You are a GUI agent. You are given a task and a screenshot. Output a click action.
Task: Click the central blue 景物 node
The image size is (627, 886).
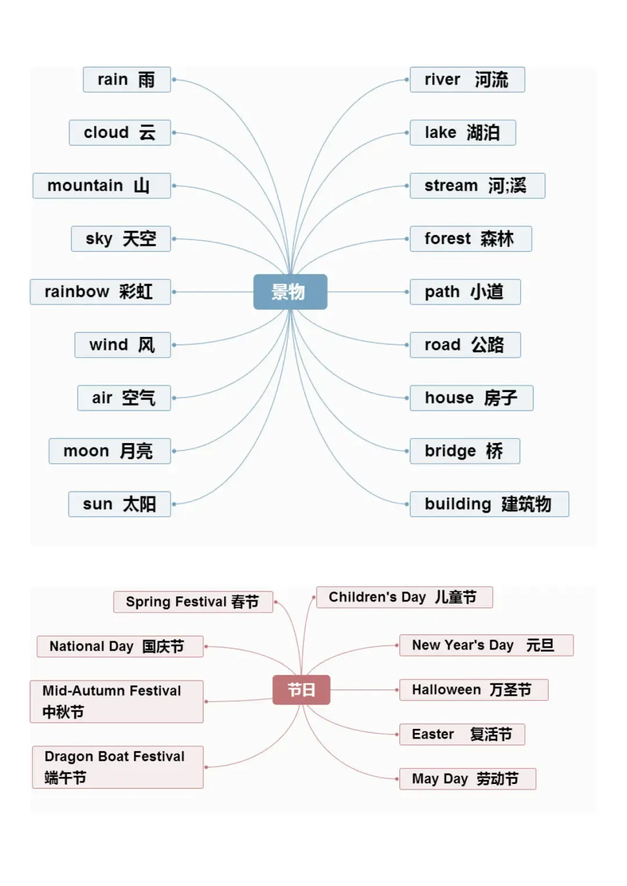(290, 292)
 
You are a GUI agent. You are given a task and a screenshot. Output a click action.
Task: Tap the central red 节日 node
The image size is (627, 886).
(301, 689)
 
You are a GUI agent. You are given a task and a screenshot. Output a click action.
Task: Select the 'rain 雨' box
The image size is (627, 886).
(127, 79)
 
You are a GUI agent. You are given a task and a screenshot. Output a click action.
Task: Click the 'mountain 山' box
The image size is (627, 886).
(102, 186)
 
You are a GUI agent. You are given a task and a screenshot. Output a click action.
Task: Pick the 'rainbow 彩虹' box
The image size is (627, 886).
(100, 292)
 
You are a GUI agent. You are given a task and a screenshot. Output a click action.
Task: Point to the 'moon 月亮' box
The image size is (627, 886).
(110, 451)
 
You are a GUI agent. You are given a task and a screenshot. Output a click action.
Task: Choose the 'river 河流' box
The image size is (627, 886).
(467, 79)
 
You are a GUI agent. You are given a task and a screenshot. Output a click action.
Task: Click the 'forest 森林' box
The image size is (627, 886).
(470, 239)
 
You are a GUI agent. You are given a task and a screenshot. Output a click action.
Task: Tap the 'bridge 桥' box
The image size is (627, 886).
(464, 451)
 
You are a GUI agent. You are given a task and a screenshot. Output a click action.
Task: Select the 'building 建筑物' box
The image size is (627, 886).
(489, 504)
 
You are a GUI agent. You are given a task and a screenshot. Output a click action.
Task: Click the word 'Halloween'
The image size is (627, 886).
(446, 689)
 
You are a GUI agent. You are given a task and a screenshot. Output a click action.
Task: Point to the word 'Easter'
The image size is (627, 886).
(433, 734)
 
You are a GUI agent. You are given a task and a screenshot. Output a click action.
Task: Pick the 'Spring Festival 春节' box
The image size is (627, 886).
(193, 602)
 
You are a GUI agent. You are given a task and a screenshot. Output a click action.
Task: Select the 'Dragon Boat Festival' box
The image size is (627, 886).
(117, 767)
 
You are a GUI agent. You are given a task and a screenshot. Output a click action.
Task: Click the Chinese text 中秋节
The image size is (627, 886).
(63, 711)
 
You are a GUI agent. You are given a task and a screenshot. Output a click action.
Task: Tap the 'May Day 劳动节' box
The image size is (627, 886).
(467, 779)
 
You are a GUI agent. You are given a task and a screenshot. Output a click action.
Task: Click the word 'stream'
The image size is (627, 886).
(451, 186)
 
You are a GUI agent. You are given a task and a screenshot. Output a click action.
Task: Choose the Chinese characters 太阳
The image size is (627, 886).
(139, 504)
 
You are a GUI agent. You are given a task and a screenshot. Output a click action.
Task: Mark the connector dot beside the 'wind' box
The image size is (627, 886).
(174, 345)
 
